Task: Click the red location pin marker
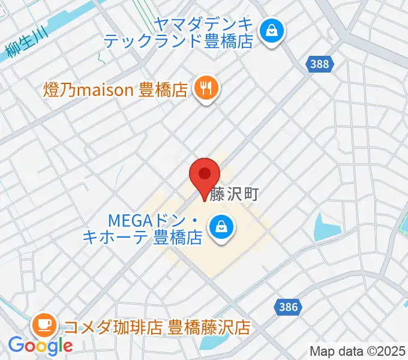pyautogui.click(x=205, y=176)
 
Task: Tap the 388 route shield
pyautogui.click(x=320, y=64)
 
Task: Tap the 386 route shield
pyautogui.click(x=288, y=307)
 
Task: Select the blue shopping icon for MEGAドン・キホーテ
pyautogui.click(x=221, y=227)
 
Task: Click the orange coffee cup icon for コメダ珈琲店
pyautogui.click(x=45, y=326)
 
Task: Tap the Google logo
pyautogui.click(x=40, y=346)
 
